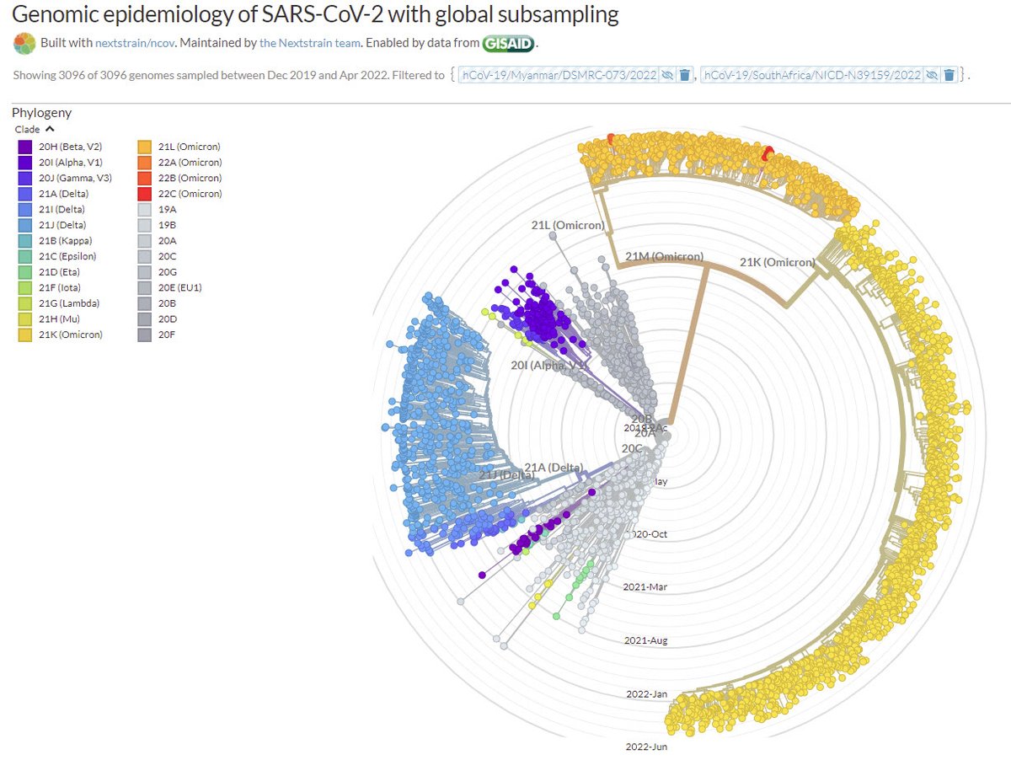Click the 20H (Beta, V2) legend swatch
tap(25, 147)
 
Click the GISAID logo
tap(508, 43)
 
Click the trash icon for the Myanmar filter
tap(685, 75)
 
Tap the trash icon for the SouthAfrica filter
tap(949, 75)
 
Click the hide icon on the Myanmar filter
tap(667, 75)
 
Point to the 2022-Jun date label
tap(647, 747)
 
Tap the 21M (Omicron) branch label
tap(665, 257)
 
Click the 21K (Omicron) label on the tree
tap(778, 262)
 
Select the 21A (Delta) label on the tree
tap(554, 468)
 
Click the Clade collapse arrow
tap(50, 129)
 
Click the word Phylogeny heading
tap(42, 113)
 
